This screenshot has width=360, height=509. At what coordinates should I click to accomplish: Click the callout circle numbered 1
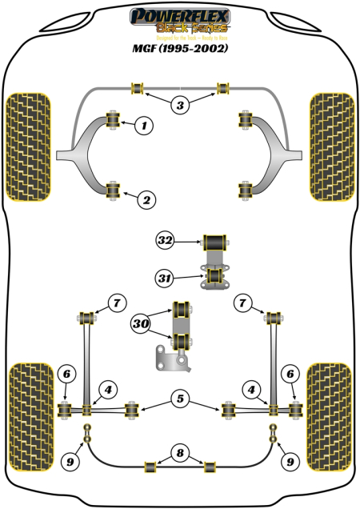point(144,124)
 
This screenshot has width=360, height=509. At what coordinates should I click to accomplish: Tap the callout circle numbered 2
point(144,200)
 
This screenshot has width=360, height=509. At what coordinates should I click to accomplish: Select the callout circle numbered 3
point(180,105)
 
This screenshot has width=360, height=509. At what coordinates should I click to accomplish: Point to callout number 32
point(165,239)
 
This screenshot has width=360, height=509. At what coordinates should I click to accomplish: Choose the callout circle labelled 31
point(165,278)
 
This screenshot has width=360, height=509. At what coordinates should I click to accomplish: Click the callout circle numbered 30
point(142,324)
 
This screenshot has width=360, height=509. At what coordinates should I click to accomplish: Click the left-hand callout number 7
point(117,303)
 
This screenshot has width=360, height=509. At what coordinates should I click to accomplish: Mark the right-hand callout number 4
point(254,390)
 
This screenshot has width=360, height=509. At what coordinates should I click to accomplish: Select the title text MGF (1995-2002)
point(180,48)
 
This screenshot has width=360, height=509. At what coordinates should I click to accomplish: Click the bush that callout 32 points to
point(214,240)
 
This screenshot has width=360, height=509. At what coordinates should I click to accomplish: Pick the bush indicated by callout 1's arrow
point(111,121)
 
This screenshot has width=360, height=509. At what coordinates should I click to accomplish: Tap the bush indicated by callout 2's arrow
point(111,190)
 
